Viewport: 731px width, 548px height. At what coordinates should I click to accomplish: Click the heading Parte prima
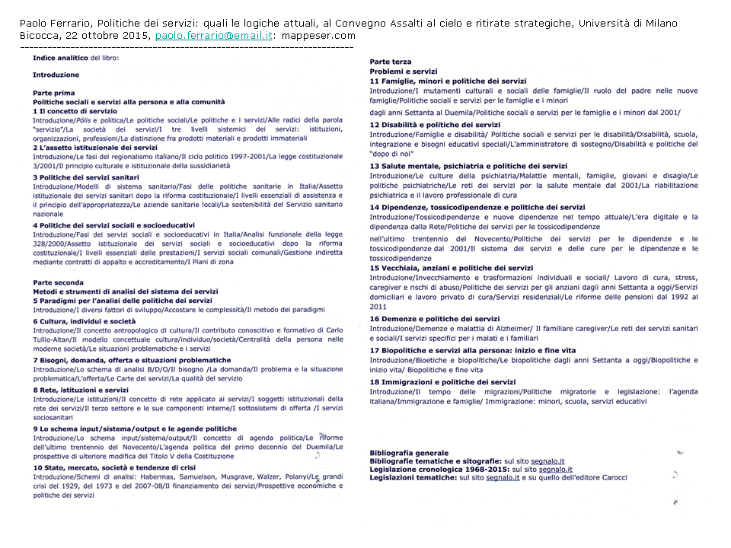tap(53, 92)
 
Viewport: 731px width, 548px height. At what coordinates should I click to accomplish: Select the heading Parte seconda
tap(58, 282)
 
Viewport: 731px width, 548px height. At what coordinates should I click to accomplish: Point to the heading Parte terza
tap(390, 62)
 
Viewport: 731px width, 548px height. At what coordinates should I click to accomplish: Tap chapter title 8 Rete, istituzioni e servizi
tap(81, 390)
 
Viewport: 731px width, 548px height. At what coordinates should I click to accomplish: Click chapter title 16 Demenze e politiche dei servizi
tap(435, 319)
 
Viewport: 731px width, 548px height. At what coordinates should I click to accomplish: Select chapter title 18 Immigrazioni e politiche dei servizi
tap(442, 382)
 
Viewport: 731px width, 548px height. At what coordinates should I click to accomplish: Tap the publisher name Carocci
tap(610, 478)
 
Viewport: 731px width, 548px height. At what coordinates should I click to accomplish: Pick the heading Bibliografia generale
tap(409, 453)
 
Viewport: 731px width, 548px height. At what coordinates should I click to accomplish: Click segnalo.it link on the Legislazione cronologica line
tap(555, 470)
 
